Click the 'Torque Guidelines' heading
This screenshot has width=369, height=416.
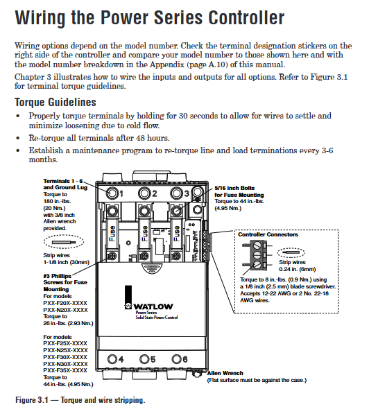55,103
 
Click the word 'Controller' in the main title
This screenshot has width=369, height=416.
246,18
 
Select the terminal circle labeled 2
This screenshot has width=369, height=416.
144,193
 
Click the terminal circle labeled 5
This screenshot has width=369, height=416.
145,359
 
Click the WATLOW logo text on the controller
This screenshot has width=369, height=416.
153,306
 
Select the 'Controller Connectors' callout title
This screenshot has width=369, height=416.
268,234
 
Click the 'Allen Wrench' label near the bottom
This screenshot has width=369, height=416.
225,373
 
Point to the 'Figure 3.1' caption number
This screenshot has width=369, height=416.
32,400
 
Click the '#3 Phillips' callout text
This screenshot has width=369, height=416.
58,276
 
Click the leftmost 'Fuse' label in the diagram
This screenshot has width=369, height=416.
112,234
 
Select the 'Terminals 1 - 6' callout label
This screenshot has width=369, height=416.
63,181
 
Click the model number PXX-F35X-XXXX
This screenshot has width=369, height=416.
65,370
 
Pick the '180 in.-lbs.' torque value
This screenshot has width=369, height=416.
57,201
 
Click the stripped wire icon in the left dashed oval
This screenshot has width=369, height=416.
64,242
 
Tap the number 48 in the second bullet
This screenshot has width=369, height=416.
140,138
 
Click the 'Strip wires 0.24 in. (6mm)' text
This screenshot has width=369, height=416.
298,266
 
